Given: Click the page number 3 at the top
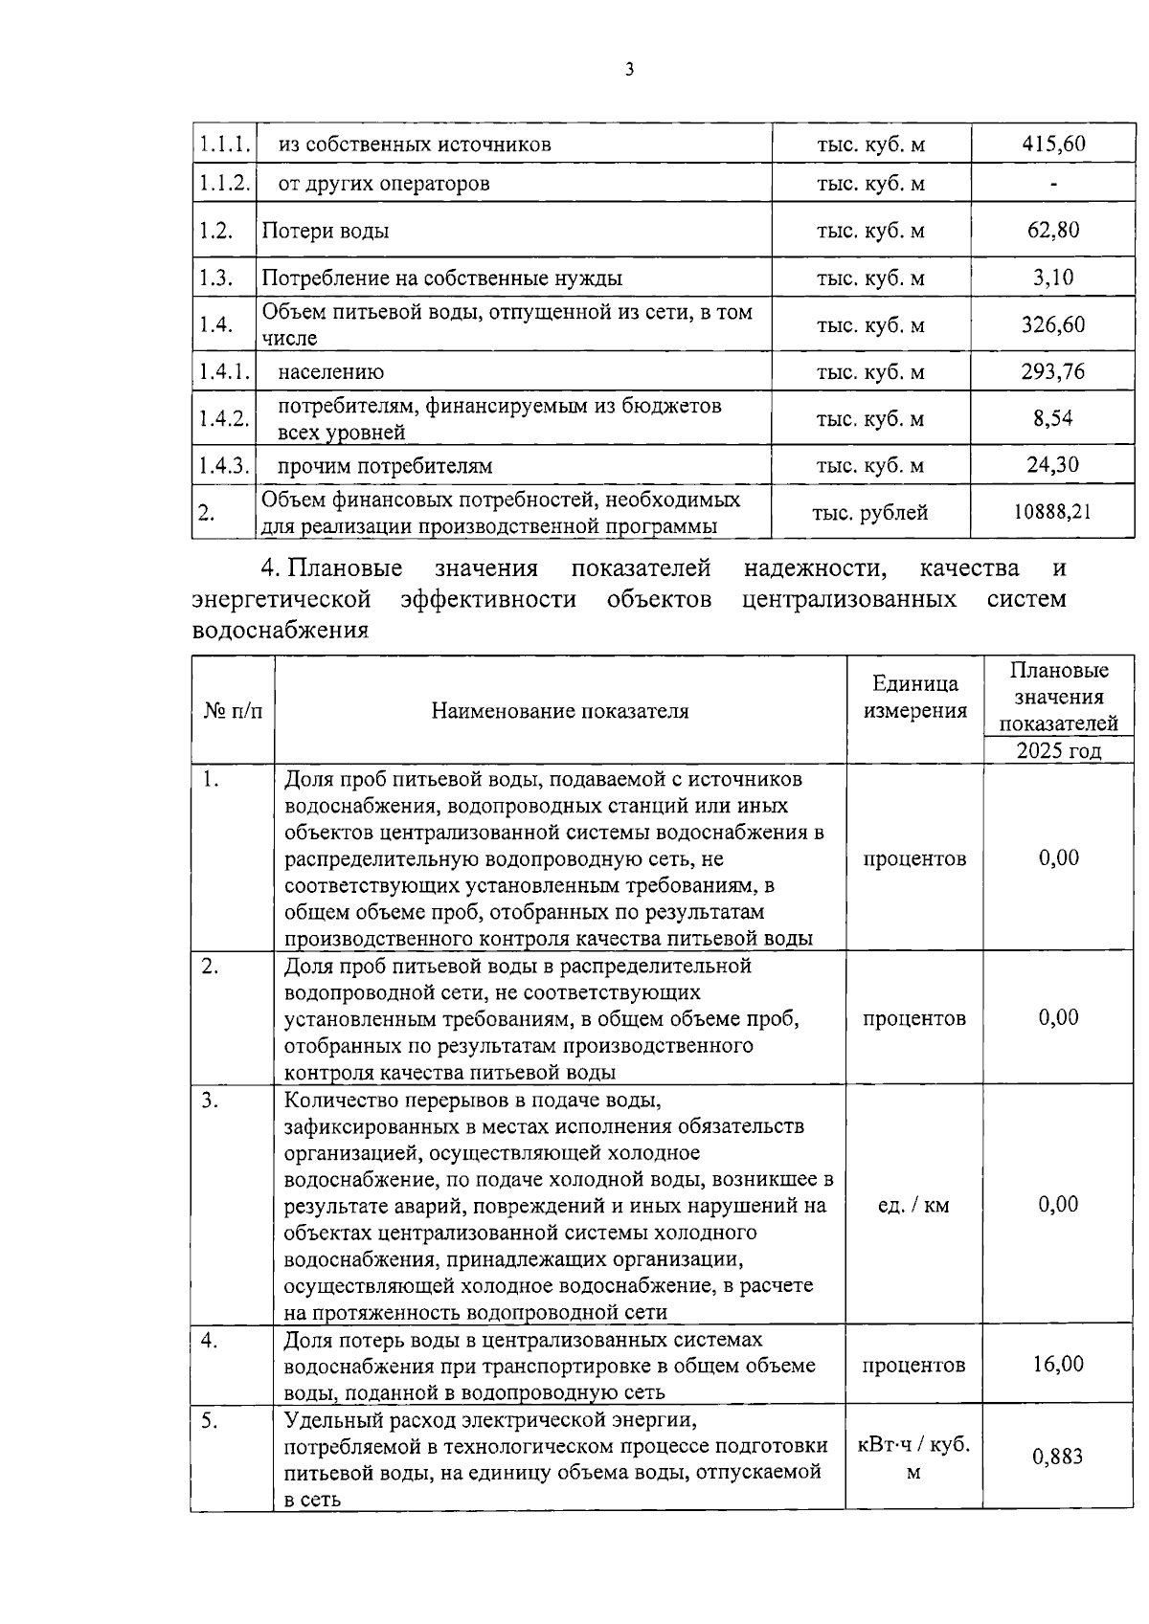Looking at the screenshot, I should point(628,69).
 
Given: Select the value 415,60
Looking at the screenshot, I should point(1053,145).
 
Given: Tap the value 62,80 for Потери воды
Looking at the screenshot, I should point(1053,230).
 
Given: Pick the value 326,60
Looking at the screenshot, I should point(1053,324).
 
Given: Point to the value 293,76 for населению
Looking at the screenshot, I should point(1053,371).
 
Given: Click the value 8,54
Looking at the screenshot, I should point(1053,418).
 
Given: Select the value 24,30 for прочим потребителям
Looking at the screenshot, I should point(1053,465).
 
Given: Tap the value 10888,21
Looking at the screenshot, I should point(1053,512).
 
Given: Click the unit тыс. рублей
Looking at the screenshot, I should point(870,513).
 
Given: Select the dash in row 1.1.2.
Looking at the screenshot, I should point(1053,184).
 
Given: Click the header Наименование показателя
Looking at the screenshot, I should point(560,710).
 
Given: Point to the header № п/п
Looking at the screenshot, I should point(233,710).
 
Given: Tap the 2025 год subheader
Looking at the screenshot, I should point(1058,750).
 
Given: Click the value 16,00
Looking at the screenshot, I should point(1058,1364).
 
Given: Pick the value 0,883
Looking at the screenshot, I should point(1058,1457).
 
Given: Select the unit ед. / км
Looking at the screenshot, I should point(913,1205).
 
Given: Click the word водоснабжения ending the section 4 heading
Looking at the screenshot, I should point(281,631).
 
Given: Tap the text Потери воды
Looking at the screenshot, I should point(326,231).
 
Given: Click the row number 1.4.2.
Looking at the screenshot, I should point(224,418).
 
